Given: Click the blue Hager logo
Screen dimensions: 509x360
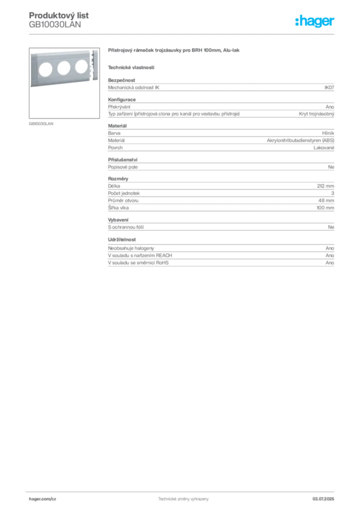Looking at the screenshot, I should (315, 21).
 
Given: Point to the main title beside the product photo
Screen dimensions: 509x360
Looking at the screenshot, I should (175, 52).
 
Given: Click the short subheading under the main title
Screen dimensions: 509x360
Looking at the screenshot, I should (131, 67).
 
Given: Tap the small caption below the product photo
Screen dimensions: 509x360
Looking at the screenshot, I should (42, 123).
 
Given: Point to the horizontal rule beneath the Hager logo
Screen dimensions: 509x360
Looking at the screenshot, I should (182, 34).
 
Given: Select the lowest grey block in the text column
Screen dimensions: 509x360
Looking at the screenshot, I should (220, 259).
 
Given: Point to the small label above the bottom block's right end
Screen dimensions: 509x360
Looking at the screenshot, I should (329, 246).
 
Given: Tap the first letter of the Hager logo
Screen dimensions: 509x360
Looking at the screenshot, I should (297, 21).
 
